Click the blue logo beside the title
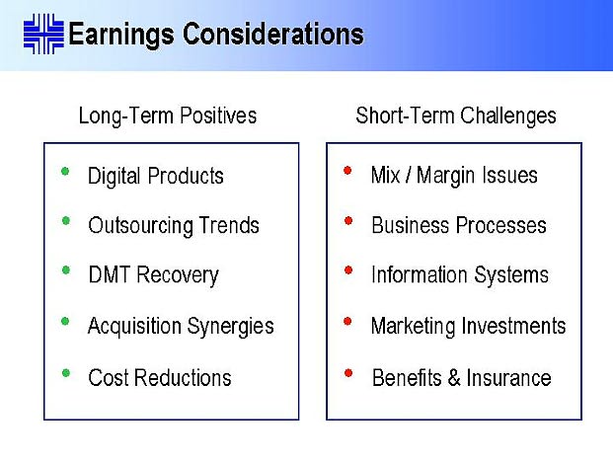tap(43, 34)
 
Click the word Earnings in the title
tap(121, 35)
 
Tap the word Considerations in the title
tap(273, 34)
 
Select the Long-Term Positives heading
tap(168, 115)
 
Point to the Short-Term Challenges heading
tap(456, 115)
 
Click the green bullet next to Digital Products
tap(65, 171)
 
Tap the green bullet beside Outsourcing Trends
tap(66, 221)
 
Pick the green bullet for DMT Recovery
tap(66, 270)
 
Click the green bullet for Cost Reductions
tap(66, 373)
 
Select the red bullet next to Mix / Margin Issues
tap(347, 171)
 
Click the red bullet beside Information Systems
tap(347, 270)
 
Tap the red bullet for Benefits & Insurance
tap(347, 373)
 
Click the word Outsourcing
tap(141, 226)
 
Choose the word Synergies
tap(230, 327)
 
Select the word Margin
tap(446, 176)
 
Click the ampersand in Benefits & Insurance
tap(454, 378)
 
